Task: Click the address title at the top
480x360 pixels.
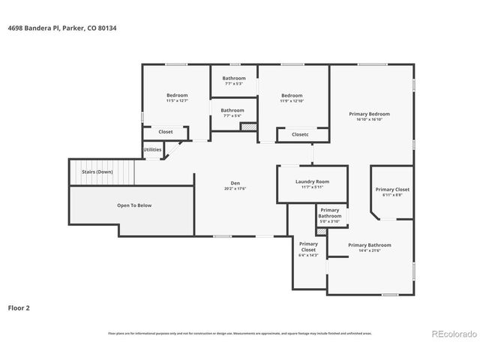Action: coord(62,28)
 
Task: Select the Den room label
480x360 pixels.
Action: coord(234,184)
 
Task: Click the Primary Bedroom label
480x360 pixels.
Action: coord(369,114)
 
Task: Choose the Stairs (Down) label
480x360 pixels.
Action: coord(97,172)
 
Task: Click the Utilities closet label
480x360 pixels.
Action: coord(152,149)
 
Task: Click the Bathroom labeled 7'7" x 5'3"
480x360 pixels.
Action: coord(233,78)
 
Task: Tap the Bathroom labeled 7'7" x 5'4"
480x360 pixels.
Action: coord(232,110)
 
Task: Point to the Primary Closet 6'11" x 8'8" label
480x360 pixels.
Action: coord(392,190)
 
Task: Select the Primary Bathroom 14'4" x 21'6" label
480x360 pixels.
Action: coord(370,245)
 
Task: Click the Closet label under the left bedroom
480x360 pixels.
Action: coord(165,132)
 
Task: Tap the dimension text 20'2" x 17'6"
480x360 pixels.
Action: coord(235,188)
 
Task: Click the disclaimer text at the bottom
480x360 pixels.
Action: coord(240,333)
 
